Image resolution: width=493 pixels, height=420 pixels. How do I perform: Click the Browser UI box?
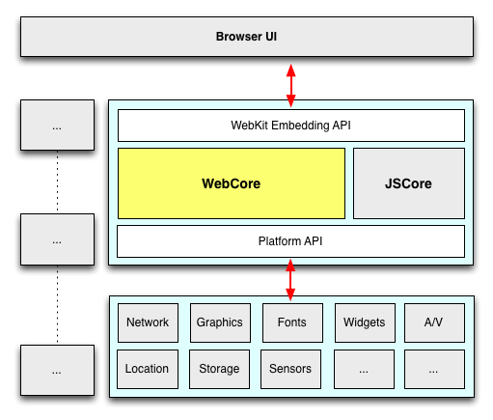coord(247,37)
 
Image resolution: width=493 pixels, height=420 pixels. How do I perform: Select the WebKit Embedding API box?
coord(291,126)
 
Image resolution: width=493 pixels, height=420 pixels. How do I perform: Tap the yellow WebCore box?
coord(232,183)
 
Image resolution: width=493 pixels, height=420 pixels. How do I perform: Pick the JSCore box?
coord(409,183)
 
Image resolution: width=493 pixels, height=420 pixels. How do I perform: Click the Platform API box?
coord(290,241)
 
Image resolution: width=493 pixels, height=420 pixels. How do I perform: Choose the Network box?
coord(148,322)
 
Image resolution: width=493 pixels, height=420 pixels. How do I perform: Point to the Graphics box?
coord(220,322)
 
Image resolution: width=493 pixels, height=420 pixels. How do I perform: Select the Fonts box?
coord(292,322)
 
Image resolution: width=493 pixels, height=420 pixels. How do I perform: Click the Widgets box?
coord(365,322)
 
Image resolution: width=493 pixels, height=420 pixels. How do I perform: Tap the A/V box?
coord(434,322)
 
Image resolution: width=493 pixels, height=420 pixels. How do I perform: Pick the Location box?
coord(148,369)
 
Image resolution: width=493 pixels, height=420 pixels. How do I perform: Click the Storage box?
coord(219,369)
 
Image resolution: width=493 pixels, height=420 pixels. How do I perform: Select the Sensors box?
coord(290,369)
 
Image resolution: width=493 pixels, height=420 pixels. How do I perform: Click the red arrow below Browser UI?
coord(291,85)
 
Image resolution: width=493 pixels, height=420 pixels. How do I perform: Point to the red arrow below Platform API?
coord(290,280)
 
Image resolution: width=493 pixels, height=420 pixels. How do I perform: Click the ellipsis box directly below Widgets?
coord(364,369)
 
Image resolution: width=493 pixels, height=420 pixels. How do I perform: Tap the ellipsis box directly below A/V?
coord(434,369)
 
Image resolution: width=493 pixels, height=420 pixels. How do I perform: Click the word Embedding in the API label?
coord(300,126)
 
